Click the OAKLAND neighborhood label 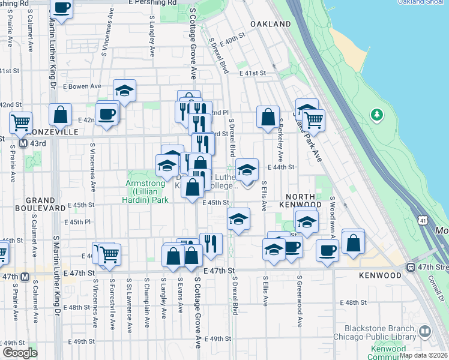[271, 24]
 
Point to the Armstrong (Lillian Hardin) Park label [147, 191]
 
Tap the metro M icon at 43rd [23, 144]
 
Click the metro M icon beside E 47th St [24, 277]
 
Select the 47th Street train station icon [411, 267]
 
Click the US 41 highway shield [424, 221]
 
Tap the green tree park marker [376, 113]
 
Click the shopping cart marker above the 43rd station [21, 122]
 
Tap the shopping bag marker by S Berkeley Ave [268, 116]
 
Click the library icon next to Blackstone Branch [425, 331]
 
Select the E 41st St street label [252, 73]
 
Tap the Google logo [20, 352]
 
